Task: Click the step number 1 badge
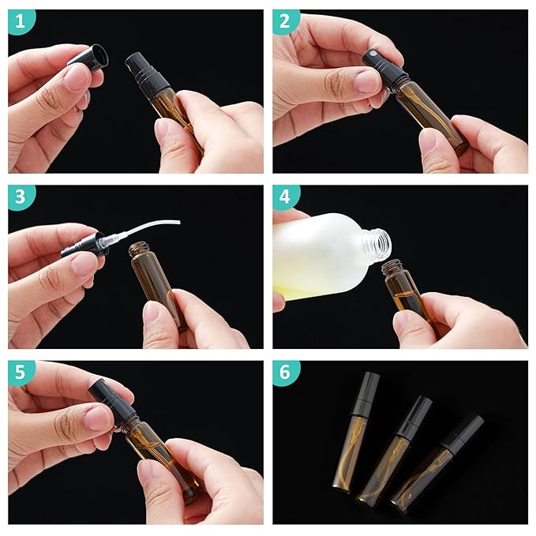(21, 22)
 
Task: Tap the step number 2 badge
(286, 22)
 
